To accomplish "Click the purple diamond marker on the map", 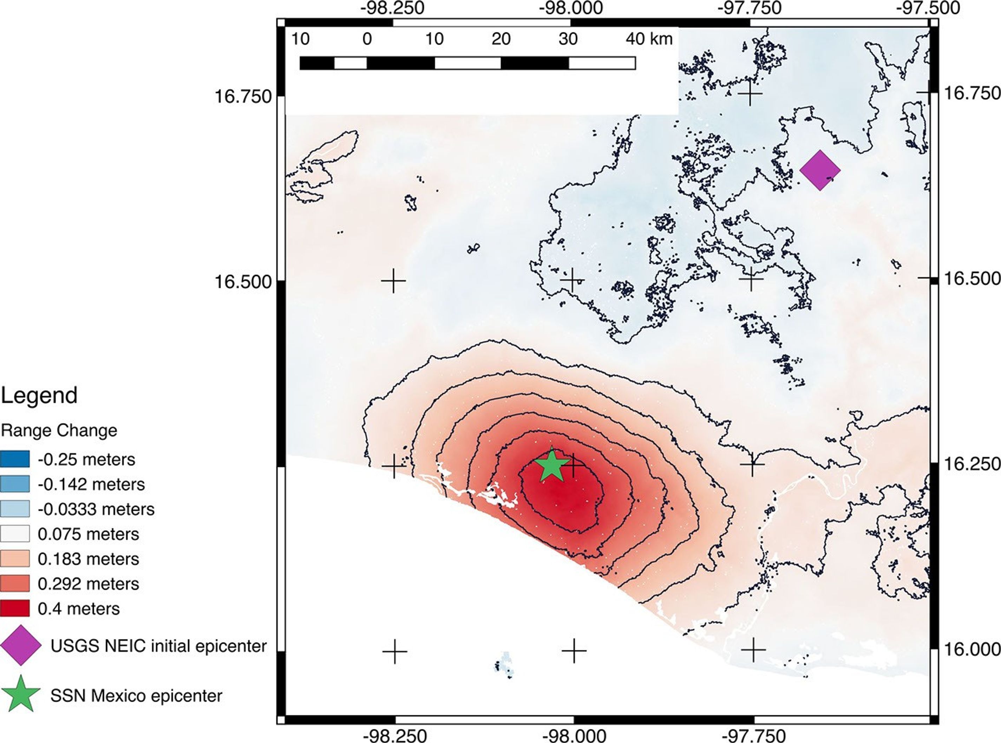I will pos(820,170).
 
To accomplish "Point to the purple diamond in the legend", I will pos(21,645).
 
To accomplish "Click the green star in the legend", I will pos(21,694).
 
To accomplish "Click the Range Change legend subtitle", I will pos(59,430).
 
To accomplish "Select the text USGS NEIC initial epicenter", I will pos(159,646).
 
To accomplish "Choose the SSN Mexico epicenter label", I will pos(136,695).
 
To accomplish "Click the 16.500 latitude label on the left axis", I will pos(243,282).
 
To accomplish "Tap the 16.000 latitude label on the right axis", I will pos(971,649).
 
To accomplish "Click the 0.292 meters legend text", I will pos(88,584).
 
